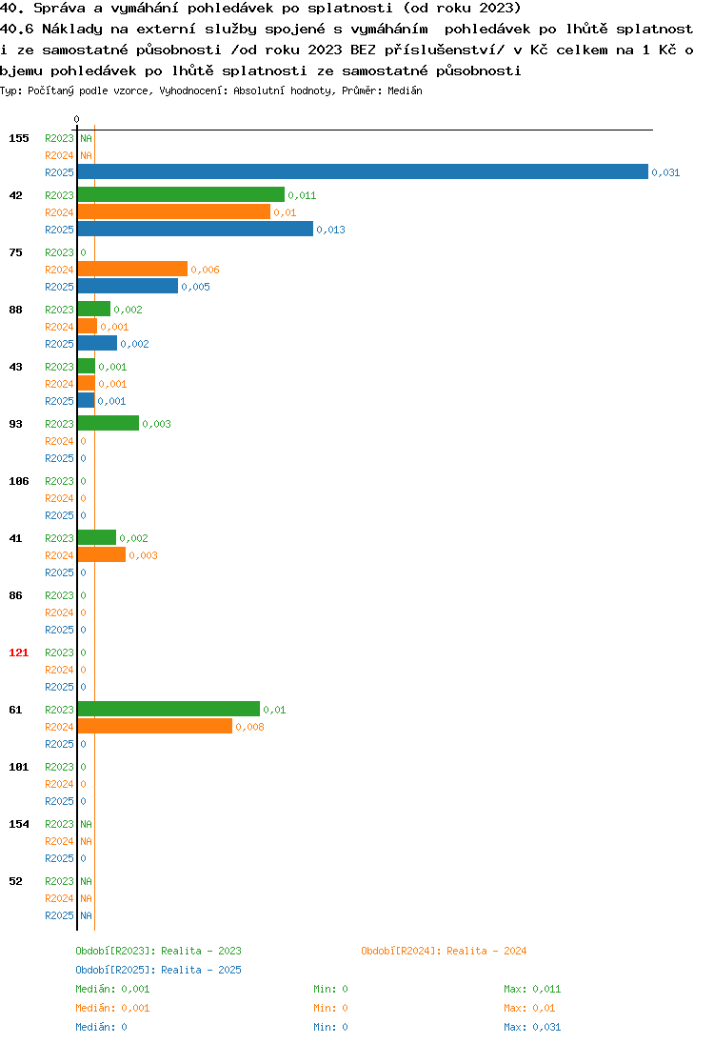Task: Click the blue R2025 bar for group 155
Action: (x=363, y=171)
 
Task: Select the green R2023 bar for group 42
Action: (x=181, y=194)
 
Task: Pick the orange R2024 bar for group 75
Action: (x=132, y=269)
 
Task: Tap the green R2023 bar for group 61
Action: (x=169, y=709)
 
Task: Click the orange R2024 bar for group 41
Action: (x=102, y=554)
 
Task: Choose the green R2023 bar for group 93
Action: (x=109, y=424)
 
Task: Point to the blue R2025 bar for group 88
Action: (x=97, y=344)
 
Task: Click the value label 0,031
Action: (x=665, y=172)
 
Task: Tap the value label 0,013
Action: (x=330, y=230)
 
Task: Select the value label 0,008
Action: (x=249, y=727)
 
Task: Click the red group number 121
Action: (x=19, y=652)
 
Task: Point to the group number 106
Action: (x=19, y=481)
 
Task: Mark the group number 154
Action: (x=19, y=824)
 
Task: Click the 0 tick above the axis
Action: (x=76, y=119)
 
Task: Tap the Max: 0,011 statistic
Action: (x=532, y=990)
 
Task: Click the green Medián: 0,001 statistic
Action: (x=112, y=990)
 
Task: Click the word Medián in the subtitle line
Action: (x=405, y=90)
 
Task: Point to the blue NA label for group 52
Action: (x=86, y=915)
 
